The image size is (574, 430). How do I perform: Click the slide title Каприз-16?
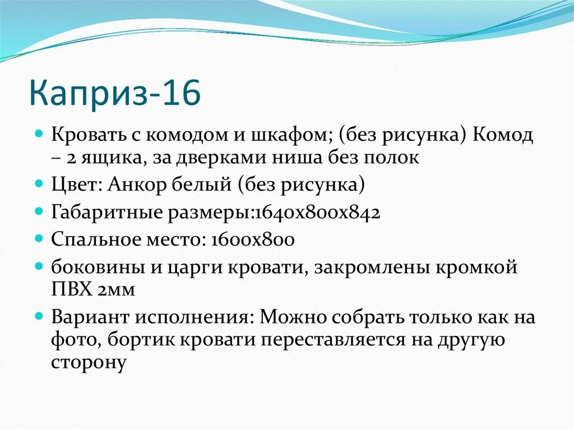pyautogui.click(x=114, y=94)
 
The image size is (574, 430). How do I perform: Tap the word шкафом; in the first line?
pyautogui.click(x=293, y=135)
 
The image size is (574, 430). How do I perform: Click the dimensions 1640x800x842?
pyautogui.click(x=317, y=212)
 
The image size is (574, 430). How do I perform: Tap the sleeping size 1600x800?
pyautogui.click(x=253, y=239)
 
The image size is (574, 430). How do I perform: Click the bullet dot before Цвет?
pyautogui.click(x=39, y=183)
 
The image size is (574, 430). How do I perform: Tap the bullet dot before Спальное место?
pyautogui.click(x=39, y=239)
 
